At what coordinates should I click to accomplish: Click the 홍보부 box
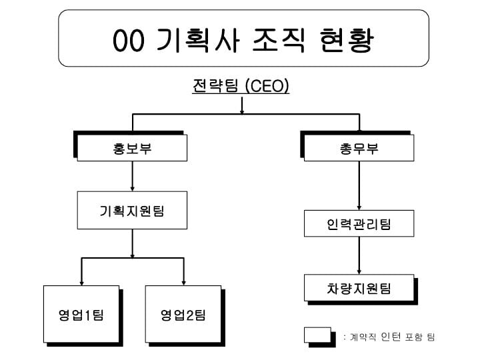coord(132,148)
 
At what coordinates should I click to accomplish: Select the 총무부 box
coord(359,148)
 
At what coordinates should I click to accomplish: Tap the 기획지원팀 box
coord(132,210)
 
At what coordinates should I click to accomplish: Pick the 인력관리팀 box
coord(359,223)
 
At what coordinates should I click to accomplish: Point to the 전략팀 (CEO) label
coord(241,86)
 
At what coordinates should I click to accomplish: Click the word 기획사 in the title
coord(197,40)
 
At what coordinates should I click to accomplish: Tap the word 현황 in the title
coord(347,40)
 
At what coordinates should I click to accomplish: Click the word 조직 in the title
coord(279,40)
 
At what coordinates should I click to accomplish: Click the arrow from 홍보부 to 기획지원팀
coord(132,176)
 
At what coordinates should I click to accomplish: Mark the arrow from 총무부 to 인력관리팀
coord(359,185)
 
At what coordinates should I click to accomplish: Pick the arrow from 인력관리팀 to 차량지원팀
coord(359,255)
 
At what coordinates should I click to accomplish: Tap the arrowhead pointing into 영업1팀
coord(81,283)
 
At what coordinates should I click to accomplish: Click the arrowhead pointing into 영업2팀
coord(184,283)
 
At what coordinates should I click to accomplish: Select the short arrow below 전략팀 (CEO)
coord(242,105)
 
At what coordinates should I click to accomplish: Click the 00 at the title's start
coord(128,41)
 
